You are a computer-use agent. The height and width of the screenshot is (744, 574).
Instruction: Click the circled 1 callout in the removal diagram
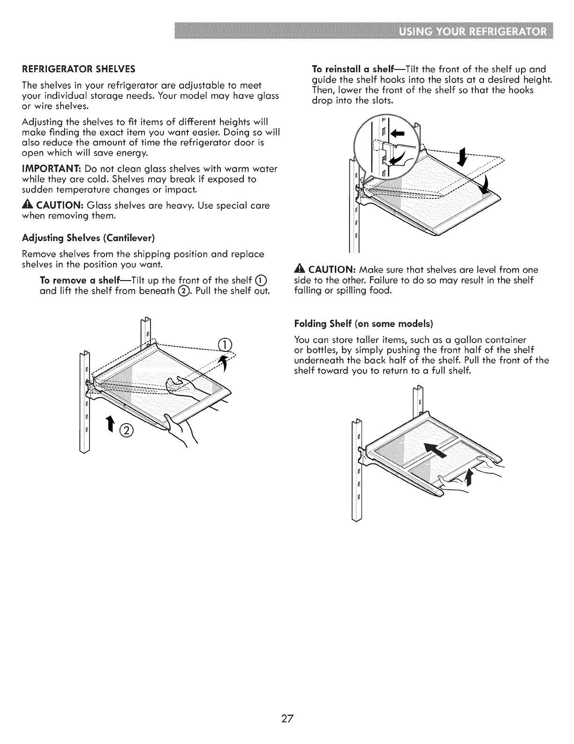click(x=226, y=344)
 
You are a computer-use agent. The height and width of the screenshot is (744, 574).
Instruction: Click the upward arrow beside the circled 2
click(x=110, y=424)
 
